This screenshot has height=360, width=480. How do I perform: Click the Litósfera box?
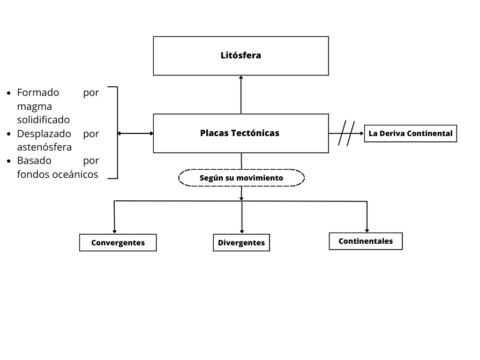[241, 56]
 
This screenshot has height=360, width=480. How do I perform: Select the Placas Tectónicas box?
[241, 133]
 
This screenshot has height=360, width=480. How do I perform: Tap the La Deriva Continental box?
[410, 133]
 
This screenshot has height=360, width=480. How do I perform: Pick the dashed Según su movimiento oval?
[241, 178]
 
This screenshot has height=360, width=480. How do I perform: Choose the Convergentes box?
[118, 243]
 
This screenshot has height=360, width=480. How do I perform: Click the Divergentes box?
[241, 243]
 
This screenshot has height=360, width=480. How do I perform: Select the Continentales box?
[365, 241]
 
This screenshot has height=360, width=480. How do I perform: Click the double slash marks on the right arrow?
[347, 133]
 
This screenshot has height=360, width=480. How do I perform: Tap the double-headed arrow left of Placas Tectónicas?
[135, 133]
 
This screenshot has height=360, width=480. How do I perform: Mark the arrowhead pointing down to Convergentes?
[115, 231]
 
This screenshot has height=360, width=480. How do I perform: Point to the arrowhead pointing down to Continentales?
[367, 230]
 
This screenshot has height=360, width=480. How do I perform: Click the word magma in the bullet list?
[34, 106]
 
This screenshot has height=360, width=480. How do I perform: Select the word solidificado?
[43, 119]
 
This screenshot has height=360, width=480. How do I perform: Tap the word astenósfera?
[44, 147]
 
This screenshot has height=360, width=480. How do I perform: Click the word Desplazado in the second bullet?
[42, 133]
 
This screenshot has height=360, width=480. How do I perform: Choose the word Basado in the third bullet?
[34, 160]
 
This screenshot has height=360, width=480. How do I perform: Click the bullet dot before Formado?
[9, 93]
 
